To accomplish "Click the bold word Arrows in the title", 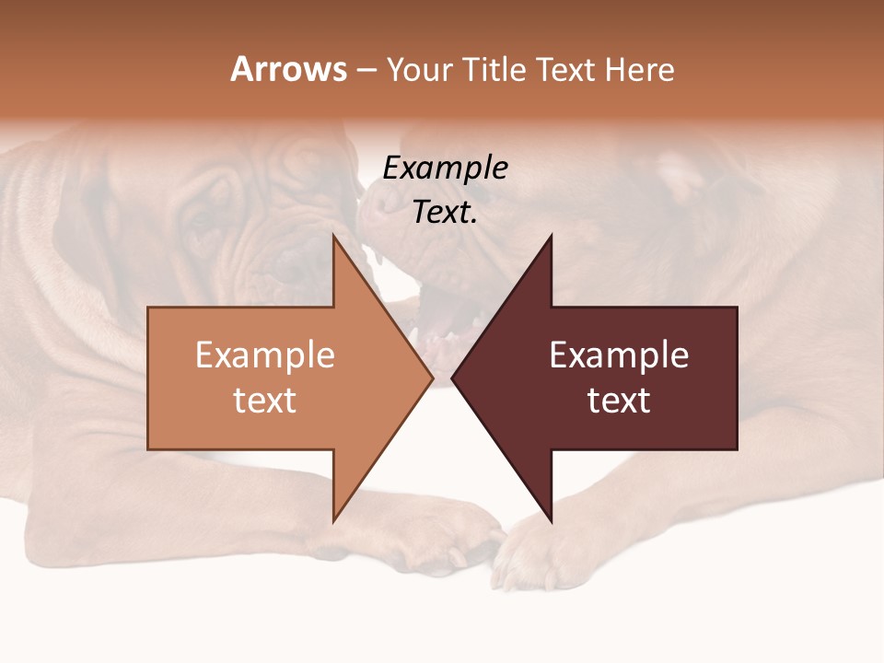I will (288, 70).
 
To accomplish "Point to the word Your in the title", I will (420, 70).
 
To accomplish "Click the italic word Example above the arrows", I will (445, 169).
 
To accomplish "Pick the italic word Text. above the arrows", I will (445, 213).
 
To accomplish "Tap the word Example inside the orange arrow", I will (265, 355).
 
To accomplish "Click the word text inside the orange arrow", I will (265, 401).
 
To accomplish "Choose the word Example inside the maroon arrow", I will (619, 355).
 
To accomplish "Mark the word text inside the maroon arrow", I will (619, 401).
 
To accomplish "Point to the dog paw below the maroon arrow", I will (534, 552).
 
